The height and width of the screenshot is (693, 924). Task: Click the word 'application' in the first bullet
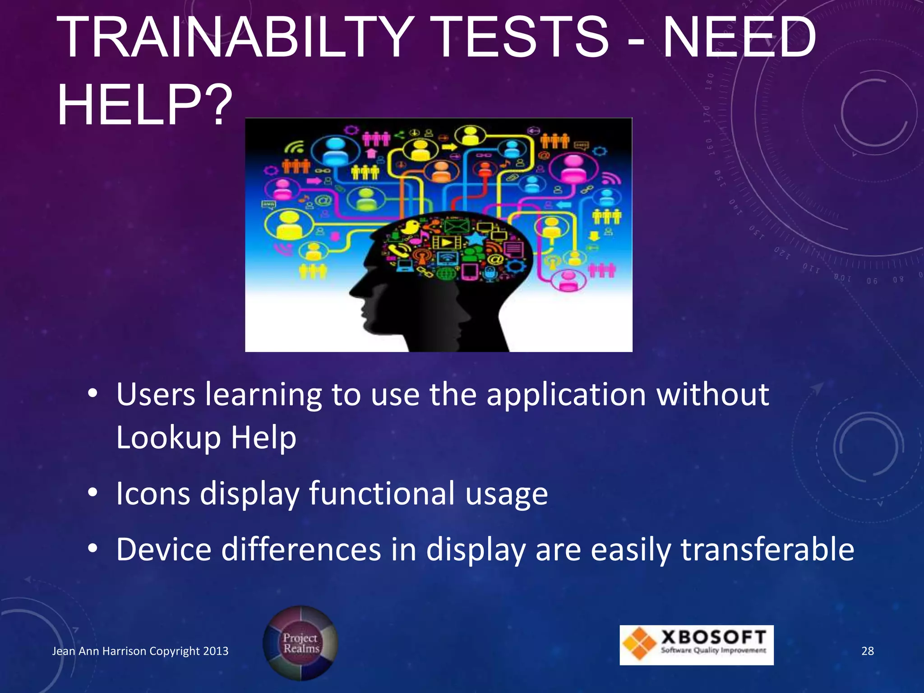pos(567,395)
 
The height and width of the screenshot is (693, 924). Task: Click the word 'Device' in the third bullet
pos(164,550)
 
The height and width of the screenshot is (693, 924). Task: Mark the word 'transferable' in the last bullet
pos(767,550)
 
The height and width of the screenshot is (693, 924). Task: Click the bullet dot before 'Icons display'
pos(92,493)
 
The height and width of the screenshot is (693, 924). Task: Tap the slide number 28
pos(867,651)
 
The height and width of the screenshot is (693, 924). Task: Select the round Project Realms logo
pos(300,643)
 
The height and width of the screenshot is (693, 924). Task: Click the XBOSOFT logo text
pos(713,638)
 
